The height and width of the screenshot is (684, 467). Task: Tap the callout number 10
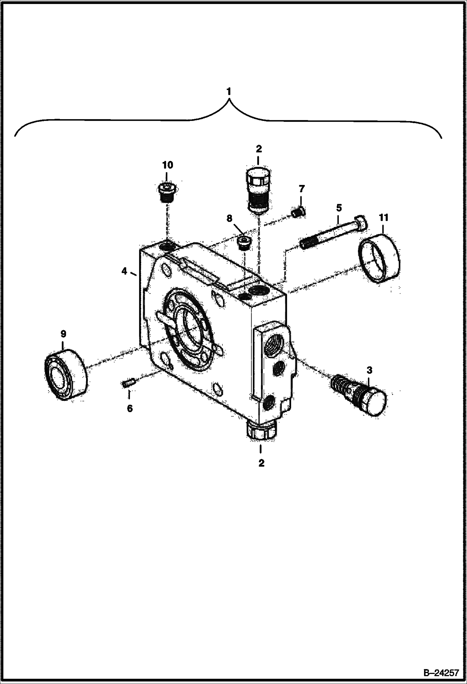tap(168, 165)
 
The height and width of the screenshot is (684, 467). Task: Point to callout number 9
tap(63, 334)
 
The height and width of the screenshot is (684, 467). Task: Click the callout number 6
tap(130, 408)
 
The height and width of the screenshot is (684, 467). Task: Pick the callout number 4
tap(124, 272)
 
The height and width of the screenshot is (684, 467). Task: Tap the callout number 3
tap(369, 370)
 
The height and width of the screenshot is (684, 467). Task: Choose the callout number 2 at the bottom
tap(261, 463)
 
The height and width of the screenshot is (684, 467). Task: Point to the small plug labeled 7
tap(299, 212)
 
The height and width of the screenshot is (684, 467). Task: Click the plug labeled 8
tap(244, 242)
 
